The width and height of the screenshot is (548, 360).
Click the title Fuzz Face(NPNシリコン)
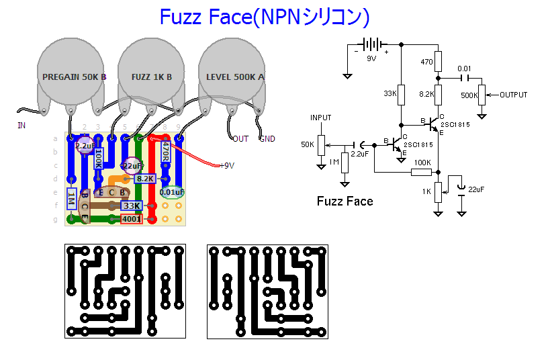click(265, 17)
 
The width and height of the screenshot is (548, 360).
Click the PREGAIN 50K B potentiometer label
click(74, 77)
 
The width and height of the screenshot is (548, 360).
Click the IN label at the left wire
click(21, 125)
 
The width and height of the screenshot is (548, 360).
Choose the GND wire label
click(267, 139)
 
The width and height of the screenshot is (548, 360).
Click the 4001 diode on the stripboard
click(131, 219)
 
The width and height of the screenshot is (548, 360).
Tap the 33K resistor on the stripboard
click(132, 206)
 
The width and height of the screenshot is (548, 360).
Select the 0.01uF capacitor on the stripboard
click(172, 193)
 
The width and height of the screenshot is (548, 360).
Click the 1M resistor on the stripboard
click(71, 197)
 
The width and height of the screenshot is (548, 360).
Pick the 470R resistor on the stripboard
click(166, 152)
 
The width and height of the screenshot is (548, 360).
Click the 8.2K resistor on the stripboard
click(145, 179)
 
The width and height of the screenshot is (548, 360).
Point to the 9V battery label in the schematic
click(371, 58)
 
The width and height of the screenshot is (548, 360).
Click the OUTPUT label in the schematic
click(514, 95)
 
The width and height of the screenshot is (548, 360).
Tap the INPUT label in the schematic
click(321, 118)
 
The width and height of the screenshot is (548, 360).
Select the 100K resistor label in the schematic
click(422, 163)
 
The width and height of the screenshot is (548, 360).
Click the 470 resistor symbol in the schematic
click(438, 62)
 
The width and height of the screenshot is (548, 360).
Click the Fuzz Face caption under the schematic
click(345, 201)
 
